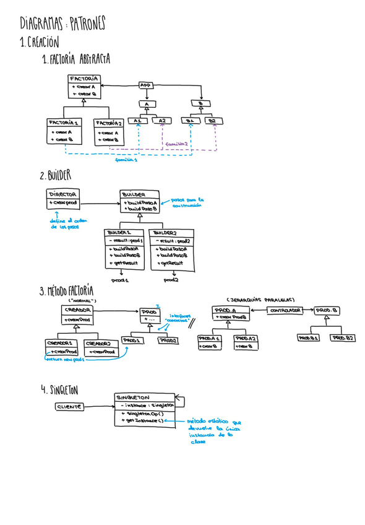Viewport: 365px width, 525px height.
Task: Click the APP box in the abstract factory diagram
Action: (x=146, y=85)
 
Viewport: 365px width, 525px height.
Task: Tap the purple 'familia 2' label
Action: (x=177, y=144)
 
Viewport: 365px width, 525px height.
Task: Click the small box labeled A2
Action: (x=161, y=121)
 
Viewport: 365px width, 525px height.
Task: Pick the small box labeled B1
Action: (x=190, y=121)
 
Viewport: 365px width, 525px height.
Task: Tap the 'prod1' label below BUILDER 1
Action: (x=119, y=280)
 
